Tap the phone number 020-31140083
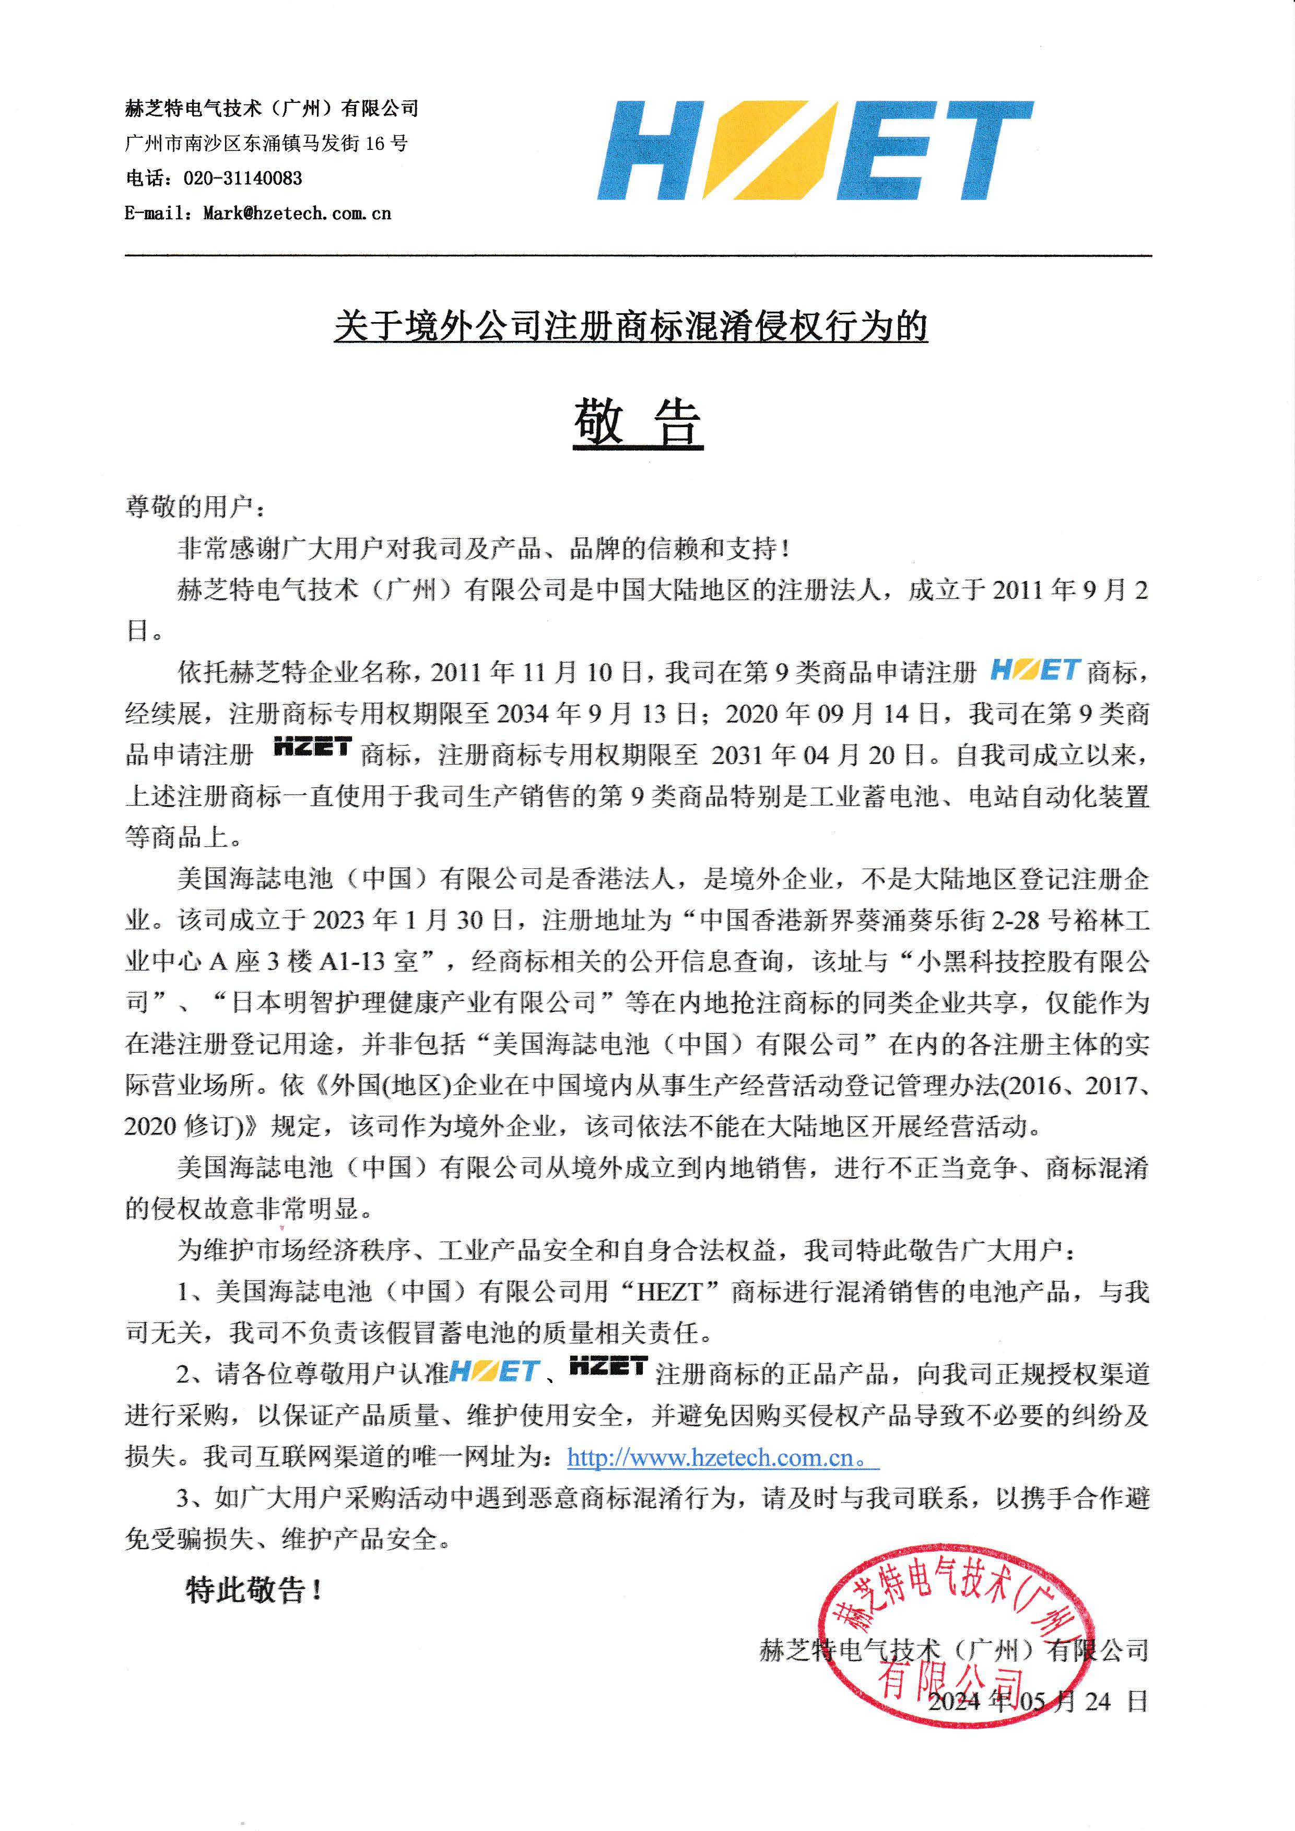[x=242, y=179]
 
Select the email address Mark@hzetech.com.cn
[x=297, y=214]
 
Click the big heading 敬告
[x=638, y=423]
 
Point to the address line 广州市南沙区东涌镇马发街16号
[x=266, y=144]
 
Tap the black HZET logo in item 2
[x=608, y=1367]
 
